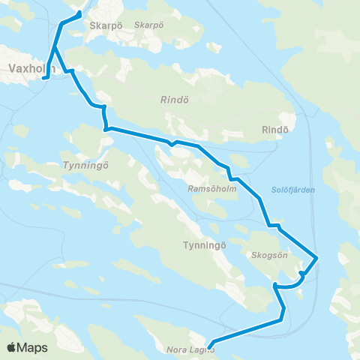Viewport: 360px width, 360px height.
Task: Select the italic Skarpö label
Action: (148, 25)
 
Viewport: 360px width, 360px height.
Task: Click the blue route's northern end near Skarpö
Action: (79, 13)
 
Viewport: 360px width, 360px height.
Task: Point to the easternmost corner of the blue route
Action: (319, 258)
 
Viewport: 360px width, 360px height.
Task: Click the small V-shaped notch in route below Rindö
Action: (172, 142)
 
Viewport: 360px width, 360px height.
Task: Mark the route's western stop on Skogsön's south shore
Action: (275, 284)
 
